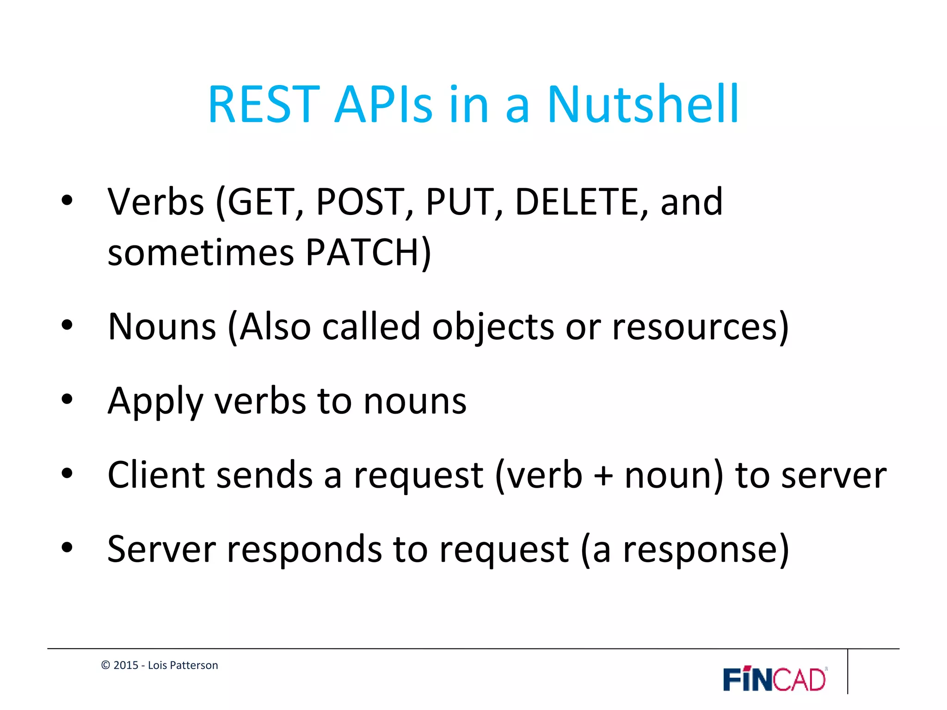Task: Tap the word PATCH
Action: pyautogui.click(x=363, y=253)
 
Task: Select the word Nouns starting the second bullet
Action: pyautogui.click(x=162, y=327)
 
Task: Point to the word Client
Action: pyautogui.click(x=156, y=475)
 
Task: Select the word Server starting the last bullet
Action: pyautogui.click(x=161, y=549)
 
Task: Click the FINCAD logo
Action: pyautogui.click(x=775, y=679)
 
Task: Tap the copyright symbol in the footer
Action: pyautogui.click(x=105, y=665)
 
